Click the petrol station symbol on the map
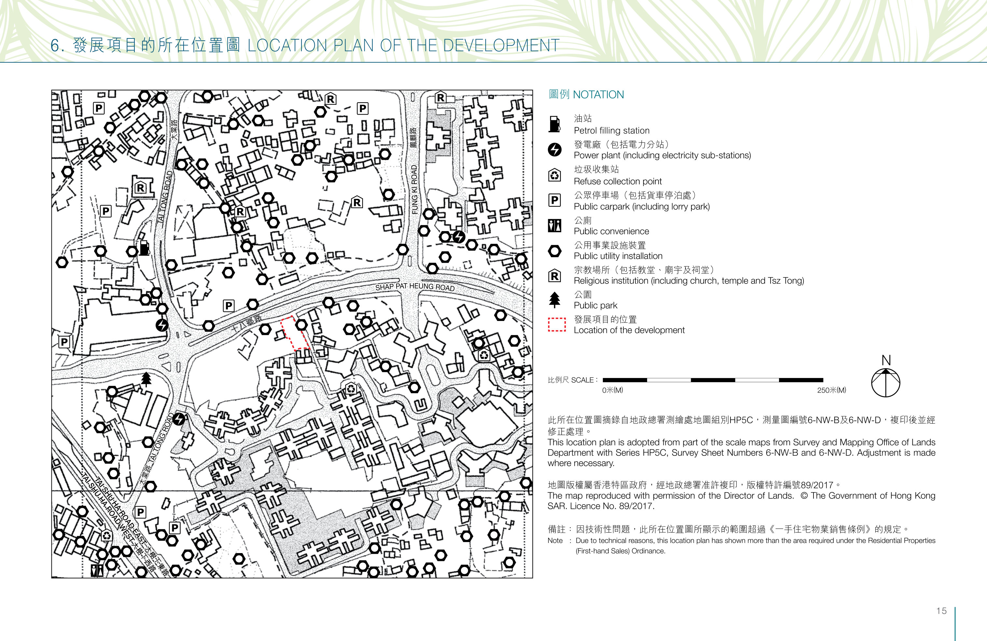point(144,248)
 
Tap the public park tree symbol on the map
point(146,379)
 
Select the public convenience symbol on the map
point(97,570)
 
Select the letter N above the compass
point(886,360)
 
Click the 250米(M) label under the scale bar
point(831,390)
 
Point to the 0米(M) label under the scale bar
point(613,390)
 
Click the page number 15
point(941,611)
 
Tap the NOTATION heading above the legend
point(598,94)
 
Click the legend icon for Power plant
point(554,150)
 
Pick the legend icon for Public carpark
point(554,200)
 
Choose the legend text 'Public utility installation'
point(618,256)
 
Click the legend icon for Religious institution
point(554,275)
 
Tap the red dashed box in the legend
point(557,325)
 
